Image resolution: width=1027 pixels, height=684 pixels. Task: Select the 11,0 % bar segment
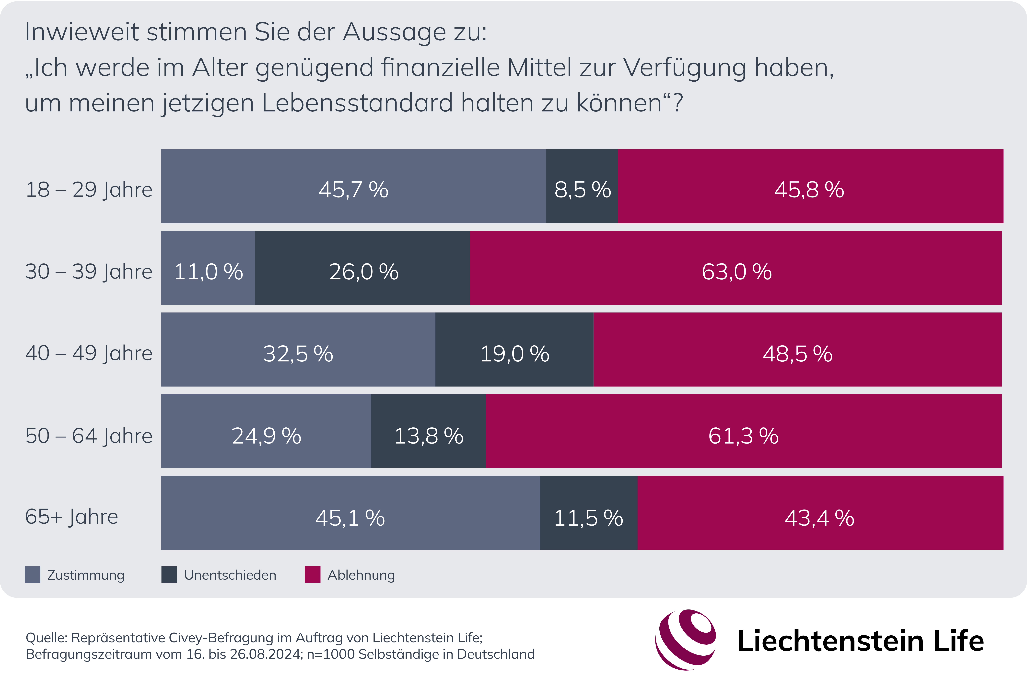point(208,268)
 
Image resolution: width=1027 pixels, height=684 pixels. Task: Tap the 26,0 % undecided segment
point(362,268)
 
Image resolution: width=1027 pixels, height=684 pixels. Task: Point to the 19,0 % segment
point(514,349)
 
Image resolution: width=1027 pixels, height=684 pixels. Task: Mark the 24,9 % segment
point(266,431)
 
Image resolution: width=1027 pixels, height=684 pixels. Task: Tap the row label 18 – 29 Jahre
point(89,190)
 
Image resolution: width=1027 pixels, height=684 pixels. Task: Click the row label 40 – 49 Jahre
point(89,353)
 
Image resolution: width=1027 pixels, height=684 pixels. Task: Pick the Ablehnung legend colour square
point(312,575)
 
